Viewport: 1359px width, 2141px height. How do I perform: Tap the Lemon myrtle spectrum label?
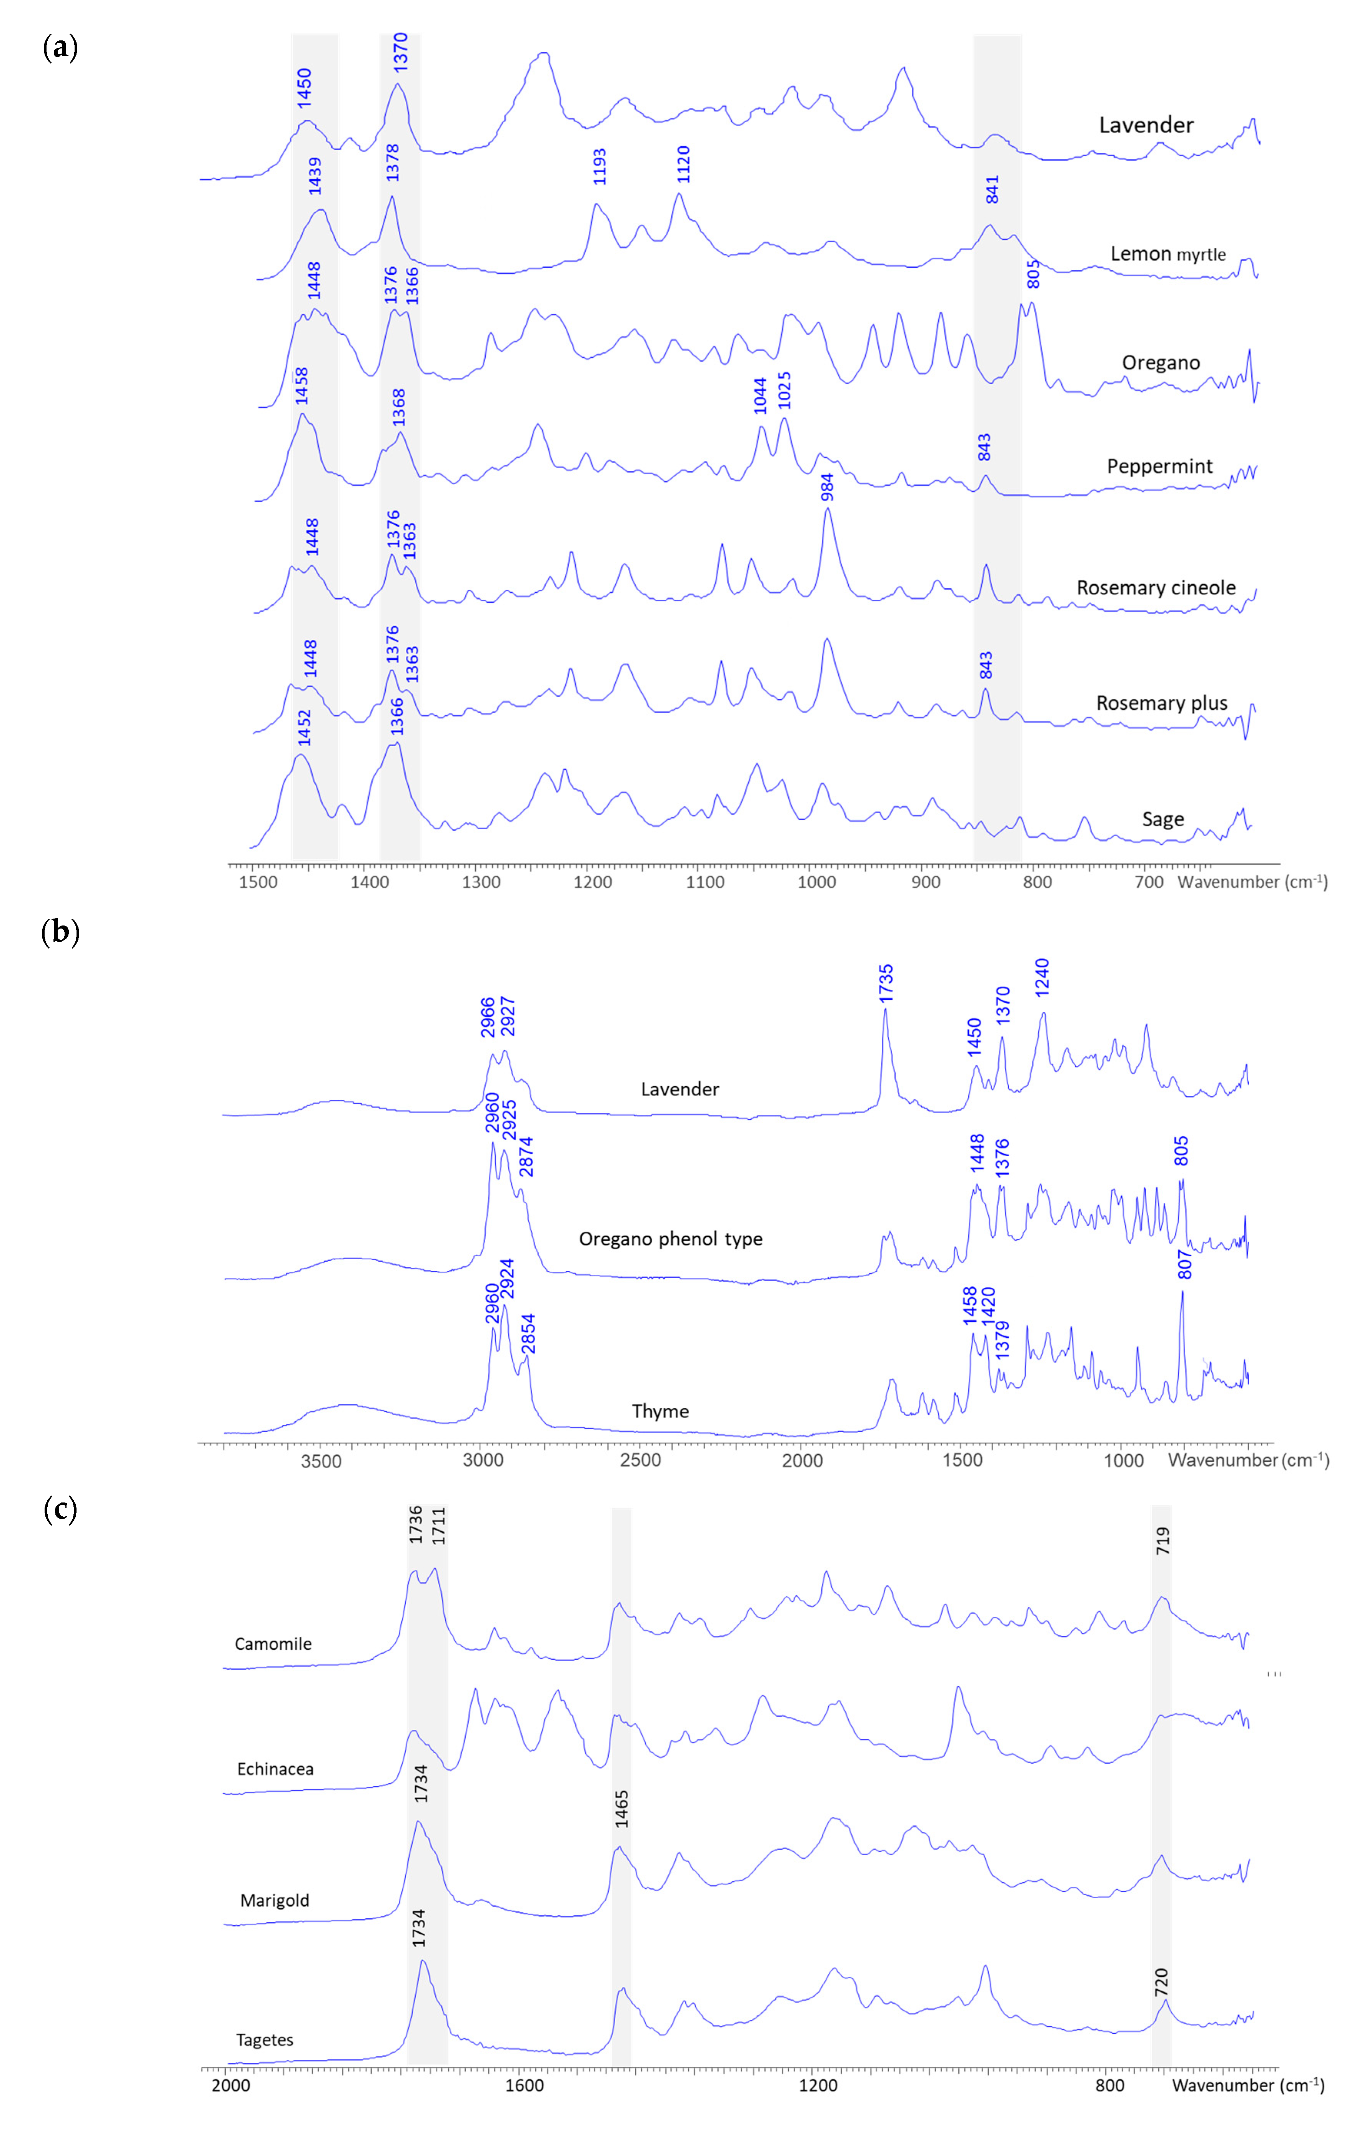pyautogui.click(x=1167, y=254)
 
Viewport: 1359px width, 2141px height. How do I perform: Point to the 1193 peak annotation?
pyautogui.click(x=600, y=166)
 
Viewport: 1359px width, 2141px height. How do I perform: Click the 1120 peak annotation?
pyautogui.click(x=683, y=163)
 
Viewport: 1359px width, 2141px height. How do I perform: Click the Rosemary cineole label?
pyautogui.click(x=1156, y=588)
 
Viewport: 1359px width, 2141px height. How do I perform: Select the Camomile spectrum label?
pyautogui.click(x=273, y=1644)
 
